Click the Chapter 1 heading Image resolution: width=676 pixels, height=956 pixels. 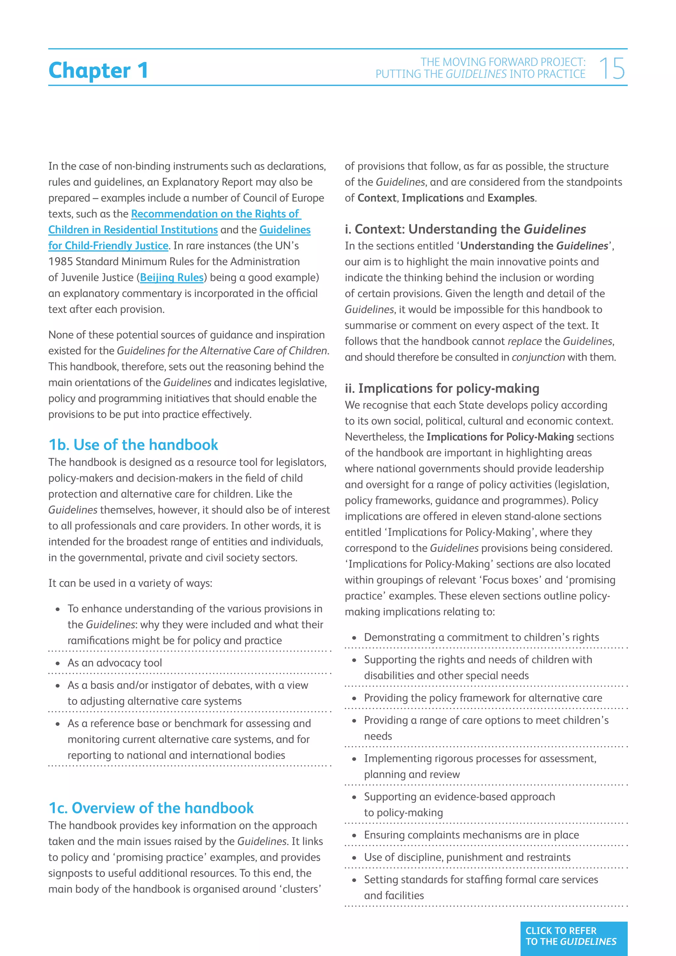98,70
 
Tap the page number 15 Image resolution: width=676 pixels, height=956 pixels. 612,69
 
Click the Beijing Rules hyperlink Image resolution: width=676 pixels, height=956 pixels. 172,277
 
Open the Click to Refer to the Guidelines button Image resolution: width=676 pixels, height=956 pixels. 573,937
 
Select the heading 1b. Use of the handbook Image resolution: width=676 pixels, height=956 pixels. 133,445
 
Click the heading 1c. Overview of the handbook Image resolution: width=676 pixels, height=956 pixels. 151,808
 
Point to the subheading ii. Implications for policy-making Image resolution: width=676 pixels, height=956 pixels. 442,388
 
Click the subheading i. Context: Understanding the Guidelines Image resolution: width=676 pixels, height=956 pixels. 465,229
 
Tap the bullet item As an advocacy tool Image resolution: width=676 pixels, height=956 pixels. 115,663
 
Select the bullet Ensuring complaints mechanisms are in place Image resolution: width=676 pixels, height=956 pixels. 471,835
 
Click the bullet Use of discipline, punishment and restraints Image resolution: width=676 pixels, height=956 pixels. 467,857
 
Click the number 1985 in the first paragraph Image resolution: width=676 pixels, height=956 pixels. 60,261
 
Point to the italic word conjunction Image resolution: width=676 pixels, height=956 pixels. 538,357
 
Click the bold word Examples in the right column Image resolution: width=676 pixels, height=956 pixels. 511,198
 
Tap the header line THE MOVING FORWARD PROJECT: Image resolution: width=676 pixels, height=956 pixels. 502,62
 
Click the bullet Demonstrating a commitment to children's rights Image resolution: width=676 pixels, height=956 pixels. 481,637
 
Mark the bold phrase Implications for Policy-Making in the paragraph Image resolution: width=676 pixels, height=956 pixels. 500,437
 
